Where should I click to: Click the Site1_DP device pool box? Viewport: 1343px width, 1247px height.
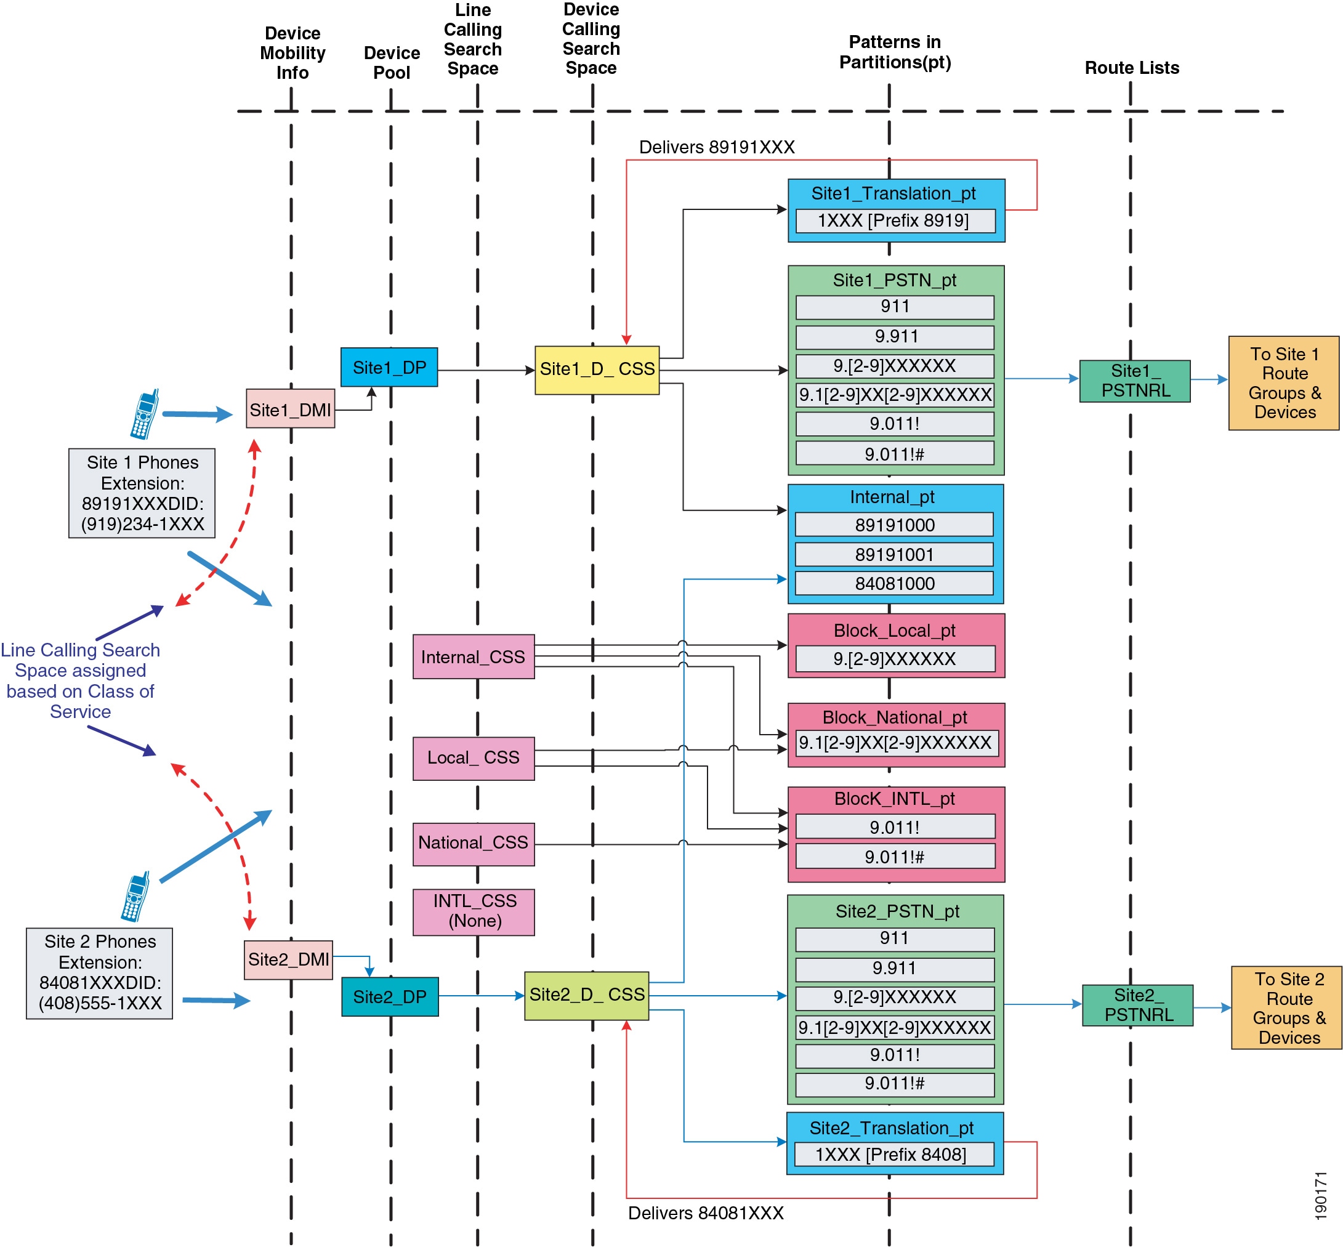(x=389, y=367)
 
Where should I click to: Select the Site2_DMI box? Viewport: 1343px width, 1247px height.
(x=288, y=959)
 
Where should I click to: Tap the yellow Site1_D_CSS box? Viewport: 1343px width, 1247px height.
(x=597, y=369)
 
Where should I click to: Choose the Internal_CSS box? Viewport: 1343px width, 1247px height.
(x=473, y=656)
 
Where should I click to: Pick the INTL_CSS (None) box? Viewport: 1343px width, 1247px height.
(x=473, y=911)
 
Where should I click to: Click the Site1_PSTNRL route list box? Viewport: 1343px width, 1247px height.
(x=1134, y=381)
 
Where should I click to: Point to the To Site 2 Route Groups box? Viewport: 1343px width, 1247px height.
(x=1286, y=1007)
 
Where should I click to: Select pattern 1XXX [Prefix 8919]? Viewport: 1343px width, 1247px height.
(x=895, y=220)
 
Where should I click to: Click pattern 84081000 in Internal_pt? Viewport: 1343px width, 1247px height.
(x=894, y=583)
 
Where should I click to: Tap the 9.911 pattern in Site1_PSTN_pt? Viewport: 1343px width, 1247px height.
(x=895, y=337)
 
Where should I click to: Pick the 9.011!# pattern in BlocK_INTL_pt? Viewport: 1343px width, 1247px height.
(x=895, y=857)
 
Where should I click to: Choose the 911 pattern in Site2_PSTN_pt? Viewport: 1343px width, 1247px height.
(x=895, y=938)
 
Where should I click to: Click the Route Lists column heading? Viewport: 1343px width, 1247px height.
(x=1132, y=68)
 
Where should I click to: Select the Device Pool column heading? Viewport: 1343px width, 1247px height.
(x=392, y=63)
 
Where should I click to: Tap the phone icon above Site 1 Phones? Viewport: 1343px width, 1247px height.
(x=145, y=414)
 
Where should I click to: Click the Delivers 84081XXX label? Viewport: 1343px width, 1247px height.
(x=706, y=1213)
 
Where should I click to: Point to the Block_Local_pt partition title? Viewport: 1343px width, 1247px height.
(x=894, y=630)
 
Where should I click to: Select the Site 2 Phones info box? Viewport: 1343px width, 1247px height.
(x=99, y=973)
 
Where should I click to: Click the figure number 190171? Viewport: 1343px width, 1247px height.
(x=1321, y=1196)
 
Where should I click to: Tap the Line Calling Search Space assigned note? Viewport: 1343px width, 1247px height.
(x=80, y=680)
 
